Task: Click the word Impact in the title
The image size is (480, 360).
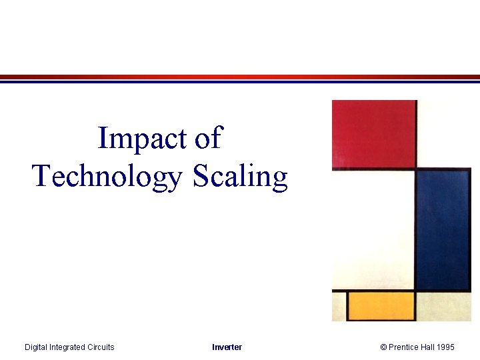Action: (x=142, y=139)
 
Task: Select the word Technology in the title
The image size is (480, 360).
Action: (x=107, y=177)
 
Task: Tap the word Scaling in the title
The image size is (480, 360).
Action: (x=241, y=177)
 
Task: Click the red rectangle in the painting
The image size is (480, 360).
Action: (x=374, y=133)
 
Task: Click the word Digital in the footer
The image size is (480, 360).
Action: (x=37, y=347)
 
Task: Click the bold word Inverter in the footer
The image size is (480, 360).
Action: (x=227, y=347)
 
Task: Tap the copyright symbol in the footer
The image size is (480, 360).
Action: (x=384, y=347)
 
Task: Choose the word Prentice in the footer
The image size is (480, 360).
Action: (x=403, y=347)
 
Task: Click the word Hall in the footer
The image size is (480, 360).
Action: (x=429, y=347)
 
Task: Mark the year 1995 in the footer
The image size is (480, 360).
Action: (x=447, y=347)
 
